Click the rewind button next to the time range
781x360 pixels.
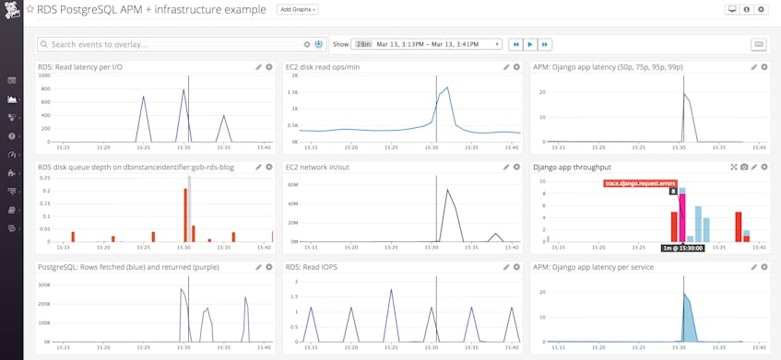[x=516, y=44]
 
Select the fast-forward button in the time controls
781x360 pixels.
[x=544, y=44]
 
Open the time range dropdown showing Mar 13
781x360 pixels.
[x=429, y=44]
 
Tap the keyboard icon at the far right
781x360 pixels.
[x=758, y=44]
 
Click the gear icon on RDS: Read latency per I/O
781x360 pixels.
[x=269, y=67]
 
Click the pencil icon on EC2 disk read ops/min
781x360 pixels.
[x=506, y=67]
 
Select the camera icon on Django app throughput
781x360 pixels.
[x=744, y=168]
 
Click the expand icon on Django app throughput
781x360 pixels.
[x=734, y=168]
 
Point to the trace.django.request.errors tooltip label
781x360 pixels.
[x=640, y=183]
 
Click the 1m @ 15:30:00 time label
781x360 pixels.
[x=682, y=248]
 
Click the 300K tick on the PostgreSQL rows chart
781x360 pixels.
[x=43, y=285]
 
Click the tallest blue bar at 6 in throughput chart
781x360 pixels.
[x=697, y=224]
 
